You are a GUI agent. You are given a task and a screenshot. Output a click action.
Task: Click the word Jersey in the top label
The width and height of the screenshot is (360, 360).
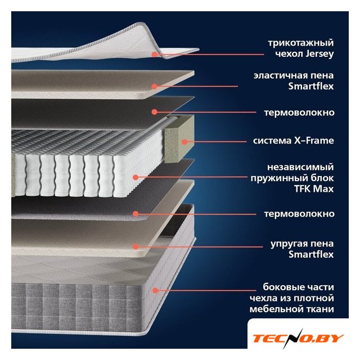pos(319,55)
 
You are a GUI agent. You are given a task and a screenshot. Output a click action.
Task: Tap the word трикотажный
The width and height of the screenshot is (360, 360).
pos(301,43)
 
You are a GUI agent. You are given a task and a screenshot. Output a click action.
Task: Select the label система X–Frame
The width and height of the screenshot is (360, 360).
pos(294,141)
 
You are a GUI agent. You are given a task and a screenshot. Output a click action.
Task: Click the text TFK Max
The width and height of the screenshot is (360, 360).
pos(314,189)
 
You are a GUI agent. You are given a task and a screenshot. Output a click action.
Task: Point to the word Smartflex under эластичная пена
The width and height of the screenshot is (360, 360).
pos(311,86)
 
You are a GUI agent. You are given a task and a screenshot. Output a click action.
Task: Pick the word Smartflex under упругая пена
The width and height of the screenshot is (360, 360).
pos(311,254)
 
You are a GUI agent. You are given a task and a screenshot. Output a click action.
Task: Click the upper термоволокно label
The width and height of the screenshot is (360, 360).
pos(299,112)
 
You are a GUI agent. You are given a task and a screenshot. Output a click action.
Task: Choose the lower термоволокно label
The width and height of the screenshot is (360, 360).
pos(299,214)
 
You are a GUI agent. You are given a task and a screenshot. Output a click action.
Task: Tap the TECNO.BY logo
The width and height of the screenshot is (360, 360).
pos(298,339)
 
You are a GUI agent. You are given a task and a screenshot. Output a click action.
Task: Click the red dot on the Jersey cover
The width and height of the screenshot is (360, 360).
pos(155,54)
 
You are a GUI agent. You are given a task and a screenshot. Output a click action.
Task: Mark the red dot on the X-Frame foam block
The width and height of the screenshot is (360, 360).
pos(184,142)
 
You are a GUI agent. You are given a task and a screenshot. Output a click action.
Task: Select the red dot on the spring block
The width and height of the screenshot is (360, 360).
pos(136,177)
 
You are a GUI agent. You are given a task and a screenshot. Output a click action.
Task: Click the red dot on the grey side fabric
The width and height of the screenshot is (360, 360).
pos(155,290)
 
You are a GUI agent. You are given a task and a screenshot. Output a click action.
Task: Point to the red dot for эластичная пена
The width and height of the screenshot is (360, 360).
pos(155,86)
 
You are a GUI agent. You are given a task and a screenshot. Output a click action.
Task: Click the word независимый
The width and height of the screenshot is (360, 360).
pos(300,167)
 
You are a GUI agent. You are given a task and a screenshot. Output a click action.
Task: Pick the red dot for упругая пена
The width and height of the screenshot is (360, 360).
pos(136,246)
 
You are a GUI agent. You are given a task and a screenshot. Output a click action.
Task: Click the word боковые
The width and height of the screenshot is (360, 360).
pos(283,287)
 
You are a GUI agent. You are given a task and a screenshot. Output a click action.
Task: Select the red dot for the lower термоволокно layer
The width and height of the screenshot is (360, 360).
pos(136,214)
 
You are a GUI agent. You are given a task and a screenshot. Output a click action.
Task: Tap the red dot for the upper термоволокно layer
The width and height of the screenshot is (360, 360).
pos(155,112)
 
